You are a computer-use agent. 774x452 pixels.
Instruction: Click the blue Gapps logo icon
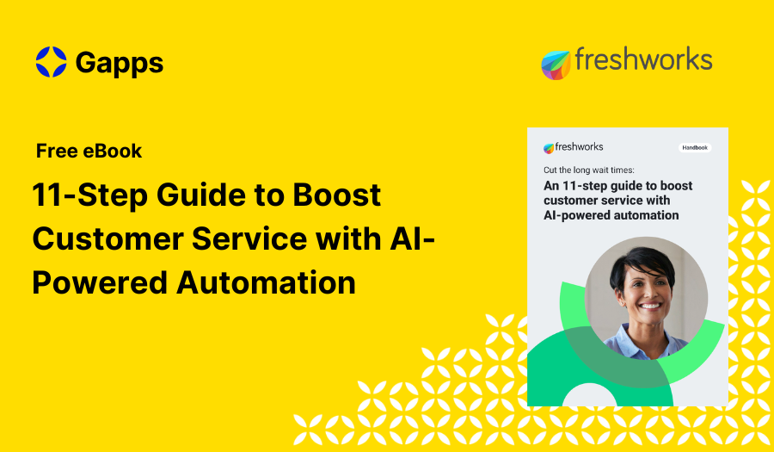coord(51,62)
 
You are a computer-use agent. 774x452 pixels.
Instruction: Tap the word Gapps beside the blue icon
coord(119,63)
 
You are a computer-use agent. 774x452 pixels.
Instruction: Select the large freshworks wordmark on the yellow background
coord(642,60)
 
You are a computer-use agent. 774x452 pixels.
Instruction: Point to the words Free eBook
coord(89,152)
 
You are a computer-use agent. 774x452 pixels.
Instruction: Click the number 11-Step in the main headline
coord(87,195)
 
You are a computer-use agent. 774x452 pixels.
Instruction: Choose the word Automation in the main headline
coord(267,282)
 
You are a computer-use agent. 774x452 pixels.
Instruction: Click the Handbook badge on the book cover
coord(695,147)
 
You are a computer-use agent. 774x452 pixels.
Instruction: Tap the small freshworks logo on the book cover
coord(574,147)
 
